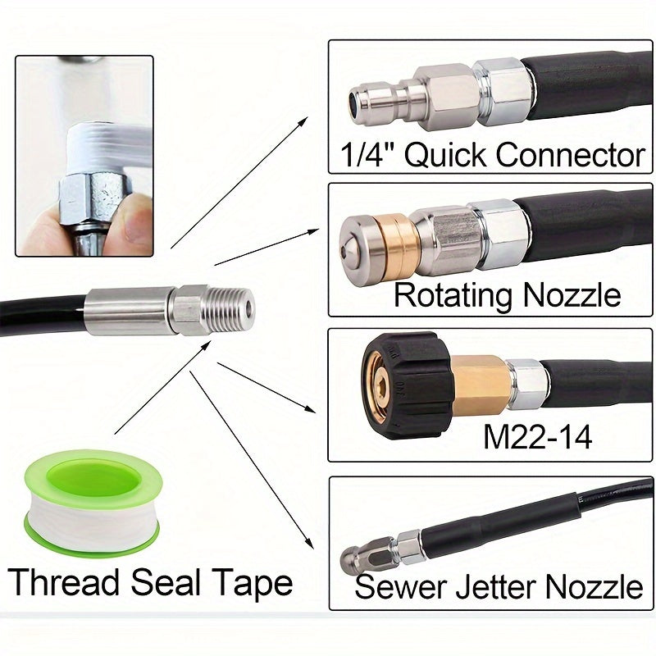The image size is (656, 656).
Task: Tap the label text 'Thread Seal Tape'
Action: [x=151, y=583]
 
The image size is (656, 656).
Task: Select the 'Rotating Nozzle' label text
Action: [x=507, y=294]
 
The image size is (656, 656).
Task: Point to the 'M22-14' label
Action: [x=537, y=435]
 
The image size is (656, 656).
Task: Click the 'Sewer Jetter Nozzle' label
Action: [x=499, y=586]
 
